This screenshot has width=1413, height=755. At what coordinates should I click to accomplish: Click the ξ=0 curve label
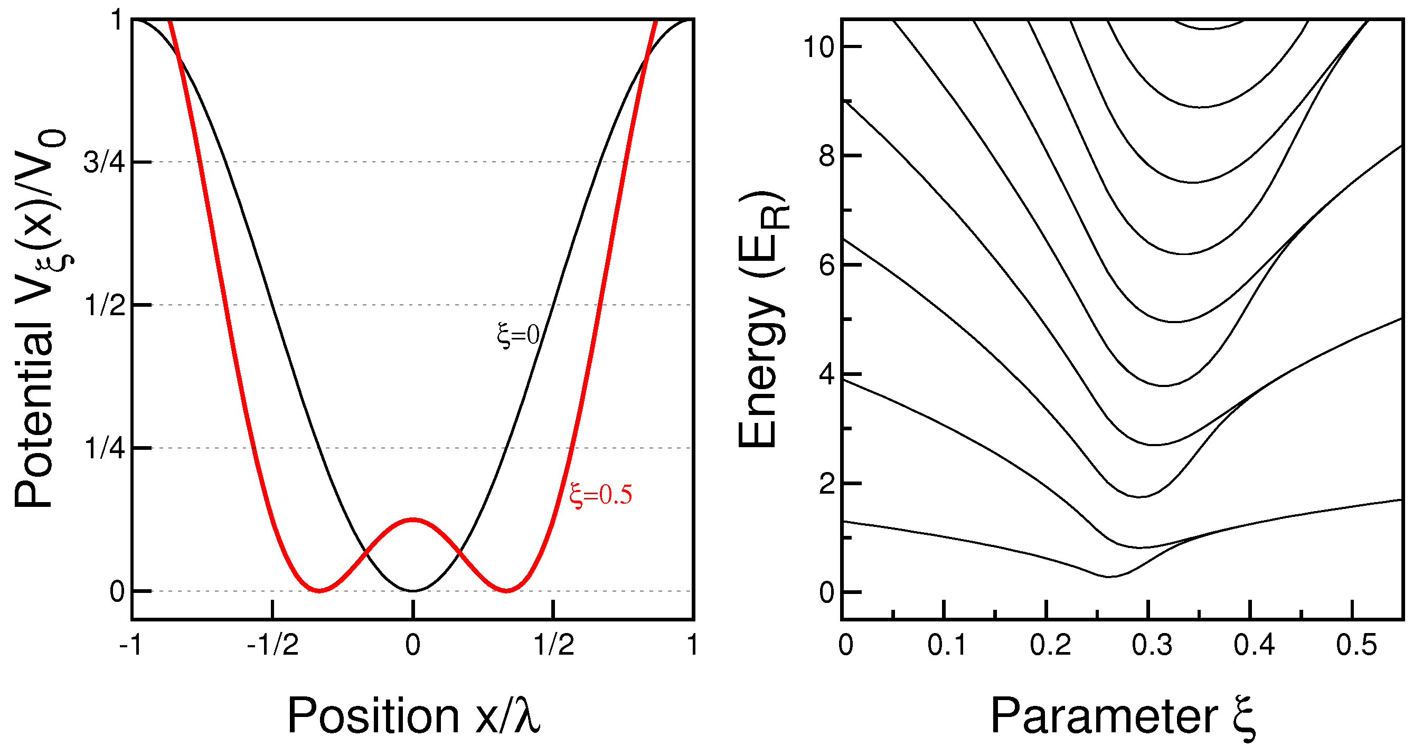tap(519, 335)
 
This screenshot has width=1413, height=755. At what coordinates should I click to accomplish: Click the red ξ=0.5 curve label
tap(601, 495)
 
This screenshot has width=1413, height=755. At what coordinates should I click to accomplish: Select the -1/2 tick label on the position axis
tap(272, 645)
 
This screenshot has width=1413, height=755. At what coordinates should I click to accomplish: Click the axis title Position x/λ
tap(413, 715)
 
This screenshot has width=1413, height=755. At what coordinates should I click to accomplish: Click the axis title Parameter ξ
tap(1122, 715)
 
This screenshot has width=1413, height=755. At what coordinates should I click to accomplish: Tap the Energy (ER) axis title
tap(762, 319)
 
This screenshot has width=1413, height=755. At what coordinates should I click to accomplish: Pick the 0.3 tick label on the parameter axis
tap(1152, 645)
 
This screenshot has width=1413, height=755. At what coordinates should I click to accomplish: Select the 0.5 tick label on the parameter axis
tap(1357, 645)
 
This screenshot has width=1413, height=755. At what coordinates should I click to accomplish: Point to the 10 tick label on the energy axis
tap(818, 47)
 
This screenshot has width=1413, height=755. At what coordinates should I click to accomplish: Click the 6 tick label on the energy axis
tap(827, 266)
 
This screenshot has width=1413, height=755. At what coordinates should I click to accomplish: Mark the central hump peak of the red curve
tap(412, 518)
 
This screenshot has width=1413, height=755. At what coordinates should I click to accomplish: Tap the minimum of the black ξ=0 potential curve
tap(412, 590)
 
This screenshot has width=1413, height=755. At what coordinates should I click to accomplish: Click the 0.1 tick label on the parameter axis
tap(947, 645)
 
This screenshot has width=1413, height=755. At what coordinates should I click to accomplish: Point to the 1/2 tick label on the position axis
tap(554, 645)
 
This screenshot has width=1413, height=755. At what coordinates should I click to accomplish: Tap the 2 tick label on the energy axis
tap(827, 484)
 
